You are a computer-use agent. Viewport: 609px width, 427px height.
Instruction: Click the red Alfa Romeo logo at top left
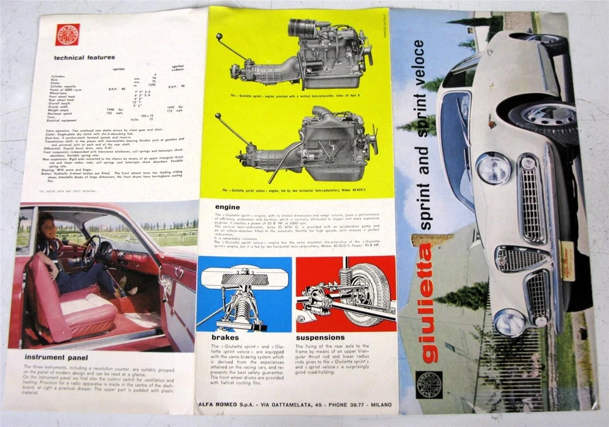tap(67, 34)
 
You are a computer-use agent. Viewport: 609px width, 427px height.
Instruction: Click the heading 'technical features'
tap(84, 58)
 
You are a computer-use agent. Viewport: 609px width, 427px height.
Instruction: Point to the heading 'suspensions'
tap(320, 338)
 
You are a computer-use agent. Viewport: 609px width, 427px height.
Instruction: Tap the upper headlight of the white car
tap(493, 169)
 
